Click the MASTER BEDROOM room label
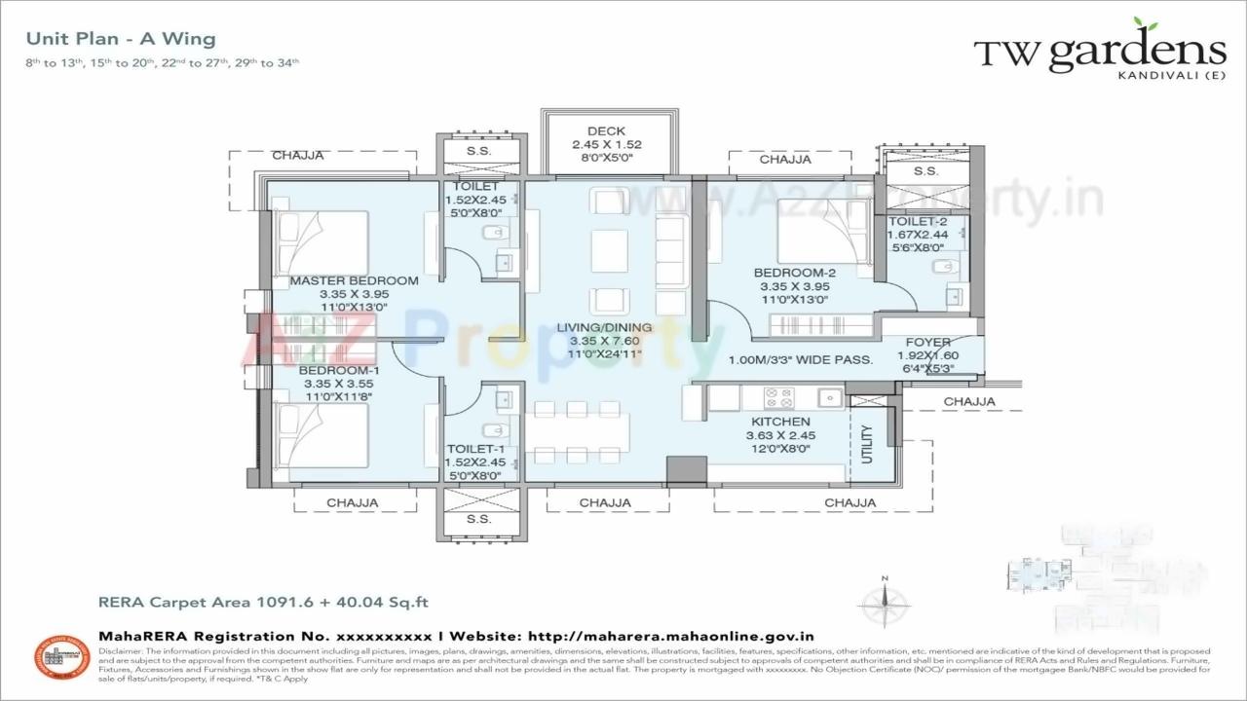click(x=354, y=280)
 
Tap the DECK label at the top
click(x=606, y=131)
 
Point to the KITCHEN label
click(x=780, y=422)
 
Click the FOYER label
click(x=927, y=343)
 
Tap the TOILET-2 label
click(x=917, y=222)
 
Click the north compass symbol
click(x=885, y=603)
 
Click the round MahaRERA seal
click(x=62, y=658)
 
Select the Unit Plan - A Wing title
click(x=121, y=39)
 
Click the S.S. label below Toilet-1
click(x=478, y=519)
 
